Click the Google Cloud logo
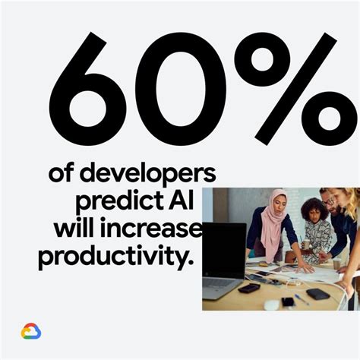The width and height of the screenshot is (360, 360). click(x=31, y=332)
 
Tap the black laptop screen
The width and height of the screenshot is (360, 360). click(x=223, y=249)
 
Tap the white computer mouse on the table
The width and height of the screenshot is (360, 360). click(x=272, y=305)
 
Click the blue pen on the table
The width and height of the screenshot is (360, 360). click(x=302, y=298)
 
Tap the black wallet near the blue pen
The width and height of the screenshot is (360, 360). click(x=317, y=293)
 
